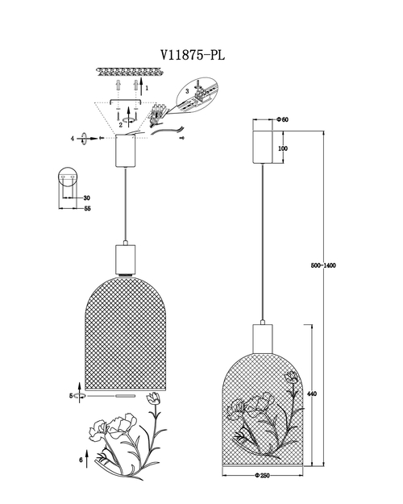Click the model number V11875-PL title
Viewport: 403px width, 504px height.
coord(193,56)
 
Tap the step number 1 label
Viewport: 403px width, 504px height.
coord(147,88)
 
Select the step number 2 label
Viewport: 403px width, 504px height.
coord(121,125)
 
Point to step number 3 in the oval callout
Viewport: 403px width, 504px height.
coord(187,91)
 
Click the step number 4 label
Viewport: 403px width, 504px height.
coord(73,139)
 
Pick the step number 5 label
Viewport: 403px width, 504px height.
coord(71,396)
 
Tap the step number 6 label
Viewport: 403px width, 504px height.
coord(81,460)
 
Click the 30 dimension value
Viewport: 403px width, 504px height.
coord(86,198)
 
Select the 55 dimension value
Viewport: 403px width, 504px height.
coord(87,208)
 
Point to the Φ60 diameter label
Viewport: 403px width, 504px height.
coord(282,119)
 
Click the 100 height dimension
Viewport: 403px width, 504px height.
coord(283,148)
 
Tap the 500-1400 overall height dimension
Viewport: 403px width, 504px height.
coord(323,265)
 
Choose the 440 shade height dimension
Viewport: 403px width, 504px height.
coord(312,394)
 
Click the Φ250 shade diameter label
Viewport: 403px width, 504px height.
coord(263,476)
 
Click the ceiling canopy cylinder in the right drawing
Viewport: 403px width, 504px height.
coord(263,147)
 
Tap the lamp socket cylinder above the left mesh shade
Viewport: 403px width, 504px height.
coord(126,259)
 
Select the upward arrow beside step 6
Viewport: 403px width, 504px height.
coord(87,459)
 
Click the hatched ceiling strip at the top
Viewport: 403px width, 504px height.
coord(130,72)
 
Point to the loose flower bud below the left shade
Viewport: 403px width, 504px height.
coord(153,398)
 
